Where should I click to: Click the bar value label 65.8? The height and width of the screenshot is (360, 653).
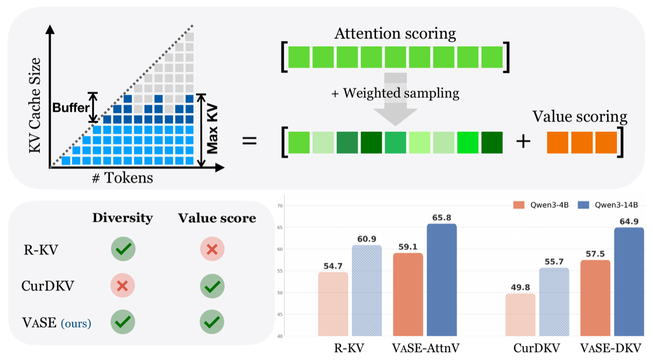click(x=442, y=218)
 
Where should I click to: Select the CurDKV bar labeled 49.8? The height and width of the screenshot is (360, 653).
click(x=520, y=315)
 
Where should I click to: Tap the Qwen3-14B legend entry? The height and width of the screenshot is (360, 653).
click(x=608, y=205)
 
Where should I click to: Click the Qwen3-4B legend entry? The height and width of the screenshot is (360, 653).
click(x=541, y=205)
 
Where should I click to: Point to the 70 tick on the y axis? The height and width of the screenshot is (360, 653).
click(x=280, y=206)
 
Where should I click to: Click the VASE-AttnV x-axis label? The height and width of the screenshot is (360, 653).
click(x=426, y=348)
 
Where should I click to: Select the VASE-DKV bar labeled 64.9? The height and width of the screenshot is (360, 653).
click(x=629, y=282)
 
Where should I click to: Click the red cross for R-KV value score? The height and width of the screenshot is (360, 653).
click(x=212, y=249)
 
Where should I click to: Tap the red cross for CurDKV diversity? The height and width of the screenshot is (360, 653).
click(x=122, y=285)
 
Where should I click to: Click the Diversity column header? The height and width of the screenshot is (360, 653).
click(x=122, y=218)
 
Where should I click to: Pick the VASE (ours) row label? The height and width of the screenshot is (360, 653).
click(x=57, y=322)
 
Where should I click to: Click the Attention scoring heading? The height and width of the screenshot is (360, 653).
click(x=395, y=34)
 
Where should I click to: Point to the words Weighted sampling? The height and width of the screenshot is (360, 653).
click(x=401, y=94)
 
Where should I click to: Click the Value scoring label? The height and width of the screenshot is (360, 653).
click(x=580, y=117)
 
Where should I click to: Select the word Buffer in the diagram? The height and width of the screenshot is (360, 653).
click(x=71, y=108)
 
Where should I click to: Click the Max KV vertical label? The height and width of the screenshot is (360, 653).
click(x=212, y=129)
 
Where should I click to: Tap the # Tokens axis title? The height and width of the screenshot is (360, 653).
click(x=122, y=177)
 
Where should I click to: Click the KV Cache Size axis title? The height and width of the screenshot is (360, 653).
click(x=35, y=105)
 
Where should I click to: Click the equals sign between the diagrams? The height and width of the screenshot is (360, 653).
click(x=250, y=141)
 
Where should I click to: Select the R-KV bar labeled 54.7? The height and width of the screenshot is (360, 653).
click(x=333, y=304)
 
